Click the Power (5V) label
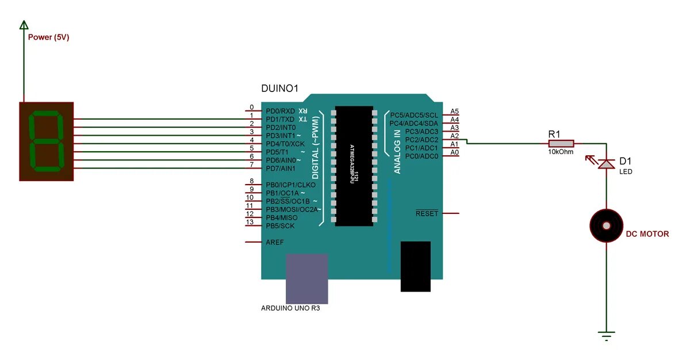click(x=49, y=37)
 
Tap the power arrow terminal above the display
click(x=24, y=25)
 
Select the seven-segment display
click(x=47, y=141)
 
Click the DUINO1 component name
click(x=280, y=88)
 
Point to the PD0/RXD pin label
click(x=280, y=111)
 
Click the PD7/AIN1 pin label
click(x=280, y=168)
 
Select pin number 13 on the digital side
click(x=250, y=222)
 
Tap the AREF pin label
click(x=274, y=243)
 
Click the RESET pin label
click(x=427, y=213)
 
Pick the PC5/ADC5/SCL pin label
click(x=414, y=115)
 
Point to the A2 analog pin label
click(x=454, y=136)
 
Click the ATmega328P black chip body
click(x=355, y=165)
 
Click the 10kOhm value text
click(x=561, y=152)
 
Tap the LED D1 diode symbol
click(x=606, y=164)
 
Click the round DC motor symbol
click(x=606, y=225)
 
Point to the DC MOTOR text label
click(x=647, y=234)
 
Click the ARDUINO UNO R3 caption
click(x=290, y=308)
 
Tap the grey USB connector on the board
click(x=307, y=279)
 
